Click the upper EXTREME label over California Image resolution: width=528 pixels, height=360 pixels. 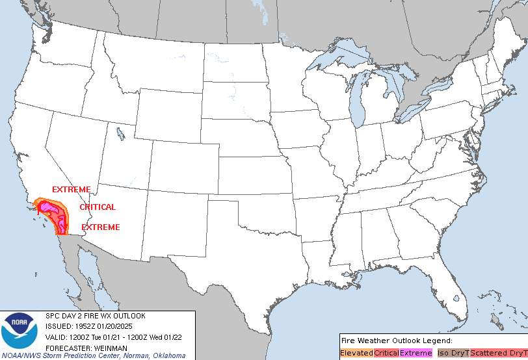tap(72, 189)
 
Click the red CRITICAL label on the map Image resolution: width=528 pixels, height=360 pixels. tap(98, 207)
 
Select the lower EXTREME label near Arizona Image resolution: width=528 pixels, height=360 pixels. tap(100, 227)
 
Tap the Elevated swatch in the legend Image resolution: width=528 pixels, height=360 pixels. tap(356, 353)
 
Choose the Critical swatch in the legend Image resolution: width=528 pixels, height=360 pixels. tap(386, 353)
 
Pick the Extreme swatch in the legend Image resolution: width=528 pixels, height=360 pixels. tap(416, 353)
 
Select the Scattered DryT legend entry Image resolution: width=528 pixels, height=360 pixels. tap(498, 353)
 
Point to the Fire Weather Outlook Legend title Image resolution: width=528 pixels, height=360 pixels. tap(396, 341)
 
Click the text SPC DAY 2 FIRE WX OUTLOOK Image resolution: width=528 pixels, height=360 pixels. tap(95, 316)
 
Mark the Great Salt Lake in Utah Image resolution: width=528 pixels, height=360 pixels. tap(121, 134)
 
